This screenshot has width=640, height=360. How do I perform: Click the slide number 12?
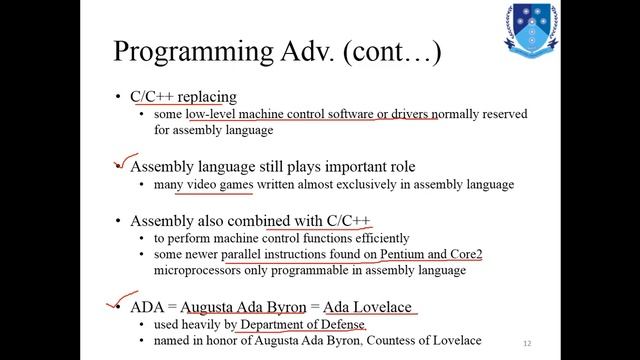click(x=527, y=343)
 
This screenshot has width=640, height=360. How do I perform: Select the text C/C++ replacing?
click(x=183, y=97)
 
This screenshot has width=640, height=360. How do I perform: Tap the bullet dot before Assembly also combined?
click(x=120, y=220)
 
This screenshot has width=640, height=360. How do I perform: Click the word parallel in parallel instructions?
click(x=247, y=255)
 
